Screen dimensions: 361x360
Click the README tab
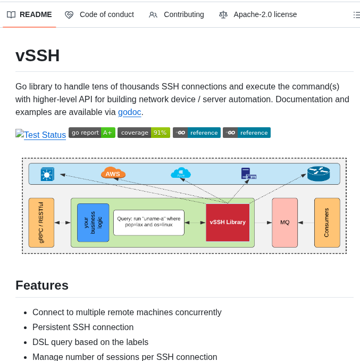pos(30,14)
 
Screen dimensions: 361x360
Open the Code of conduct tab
pos(99,14)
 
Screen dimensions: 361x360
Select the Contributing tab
pos(177,14)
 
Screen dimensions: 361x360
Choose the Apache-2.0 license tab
pos(258,14)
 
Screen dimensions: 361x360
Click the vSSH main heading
pos(38,55)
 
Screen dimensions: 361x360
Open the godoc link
pos(129,112)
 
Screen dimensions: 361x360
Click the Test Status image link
pos(41,135)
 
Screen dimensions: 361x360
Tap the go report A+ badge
pos(91,133)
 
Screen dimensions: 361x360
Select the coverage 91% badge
pos(144,133)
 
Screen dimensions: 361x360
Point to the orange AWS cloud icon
pos(113,173)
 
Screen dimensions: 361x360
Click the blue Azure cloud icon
pos(181,173)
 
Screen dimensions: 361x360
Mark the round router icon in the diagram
pos(318,174)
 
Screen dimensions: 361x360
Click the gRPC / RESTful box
pos(41,223)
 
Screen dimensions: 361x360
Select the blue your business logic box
pos(93,223)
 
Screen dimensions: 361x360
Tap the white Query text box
pos(148,223)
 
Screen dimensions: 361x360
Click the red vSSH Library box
pos(228,223)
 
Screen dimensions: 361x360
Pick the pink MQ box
pos(284,223)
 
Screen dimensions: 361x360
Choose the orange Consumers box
pos(326,223)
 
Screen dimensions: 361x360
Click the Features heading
pos(42,285)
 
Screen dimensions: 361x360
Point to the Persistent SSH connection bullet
pos(83,327)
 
